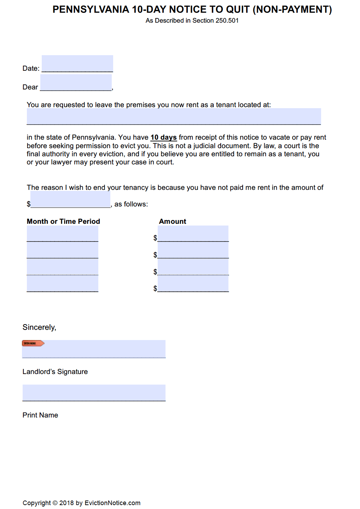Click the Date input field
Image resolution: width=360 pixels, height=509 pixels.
[x=77, y=64]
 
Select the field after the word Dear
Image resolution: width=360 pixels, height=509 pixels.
[x=76, y=82]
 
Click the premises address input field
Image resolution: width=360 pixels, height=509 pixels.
[x=174, y=116]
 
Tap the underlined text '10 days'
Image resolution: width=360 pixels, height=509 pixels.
[x=163, y=138]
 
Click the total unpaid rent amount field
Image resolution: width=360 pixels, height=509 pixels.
[x=70, y=200]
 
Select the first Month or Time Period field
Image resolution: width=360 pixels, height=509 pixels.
[x=62, y=234]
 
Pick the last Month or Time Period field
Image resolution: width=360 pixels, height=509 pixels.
[x=62, y=284]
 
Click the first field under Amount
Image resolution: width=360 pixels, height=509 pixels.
[x=193, y=234]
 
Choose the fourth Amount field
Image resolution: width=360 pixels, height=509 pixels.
[x=193, y=284]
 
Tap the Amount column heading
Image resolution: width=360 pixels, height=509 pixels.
[x=173, y=222]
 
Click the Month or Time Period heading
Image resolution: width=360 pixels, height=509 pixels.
[x=63, y=222]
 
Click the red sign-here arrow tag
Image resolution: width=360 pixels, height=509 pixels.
[x=33, y=343]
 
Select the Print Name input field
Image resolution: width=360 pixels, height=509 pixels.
[x=94, y=392]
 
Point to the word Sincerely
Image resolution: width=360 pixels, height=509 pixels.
[x=39, y=327]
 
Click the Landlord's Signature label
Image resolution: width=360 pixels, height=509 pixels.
[x=55, y=372]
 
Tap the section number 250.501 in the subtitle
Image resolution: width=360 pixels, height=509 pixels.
[x=227, y=21]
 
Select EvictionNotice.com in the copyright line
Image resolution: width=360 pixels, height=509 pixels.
[x=112, y=503]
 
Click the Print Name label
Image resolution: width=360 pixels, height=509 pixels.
[x=40, y=415]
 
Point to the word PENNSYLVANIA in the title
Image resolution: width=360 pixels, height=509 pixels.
[x=91, y=10]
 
